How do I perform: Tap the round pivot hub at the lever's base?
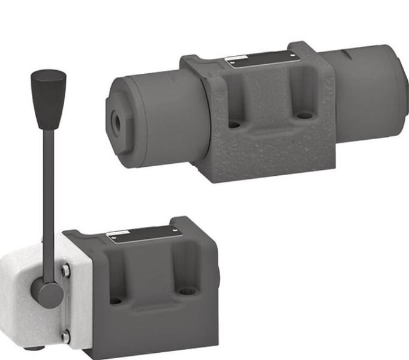[x=47, y=293]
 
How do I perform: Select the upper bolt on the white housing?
[x=65, y=271]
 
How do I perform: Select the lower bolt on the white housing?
[x=65, y=337]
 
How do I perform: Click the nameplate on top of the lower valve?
[x=141, y=235]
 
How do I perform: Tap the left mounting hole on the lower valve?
[x=116, y=300]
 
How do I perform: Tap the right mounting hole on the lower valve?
[x=188, y=292]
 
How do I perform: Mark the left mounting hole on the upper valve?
[x=234, y=125]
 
